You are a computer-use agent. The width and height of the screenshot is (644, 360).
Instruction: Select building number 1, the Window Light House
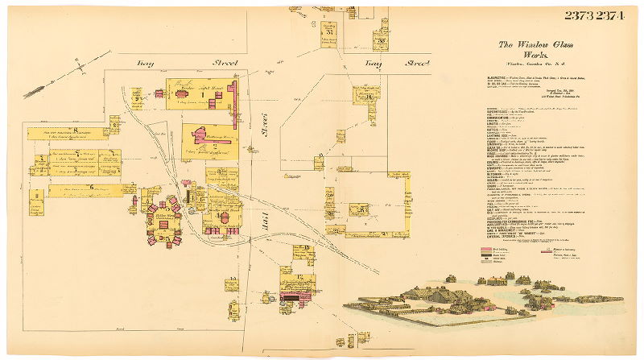point(197,93)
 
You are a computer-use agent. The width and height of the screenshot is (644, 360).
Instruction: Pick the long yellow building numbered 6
point(85,189)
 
